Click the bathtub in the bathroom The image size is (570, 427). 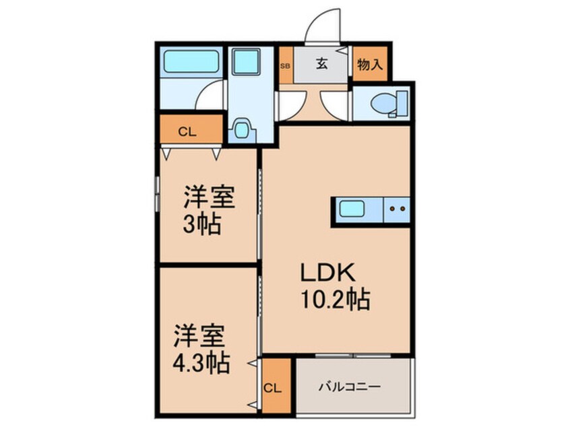pos(191,63)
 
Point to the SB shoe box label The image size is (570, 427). pos(284,65)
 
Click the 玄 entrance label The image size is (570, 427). pos(321,65)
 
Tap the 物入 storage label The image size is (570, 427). pos(370,65)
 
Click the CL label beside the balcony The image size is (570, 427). pos(274,389)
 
